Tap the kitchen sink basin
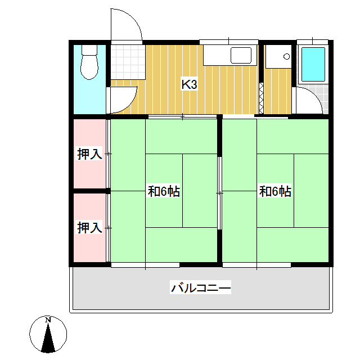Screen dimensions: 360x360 pyautogui.click(x=241, y=55)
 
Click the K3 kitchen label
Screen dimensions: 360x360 pyautogui.click(x=189, y=85)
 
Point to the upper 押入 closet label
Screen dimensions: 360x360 pyautogui.click(x=89, y=154)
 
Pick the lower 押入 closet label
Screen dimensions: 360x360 pyautogui.click(x=89, y=228)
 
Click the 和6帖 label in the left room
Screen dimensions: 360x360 pyautogui.click(x=164, y=191)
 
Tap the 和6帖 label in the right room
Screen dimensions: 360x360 pyautogui.click(x=275, y=191)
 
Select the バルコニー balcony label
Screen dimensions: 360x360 pyautogui.click(x=201, y=289)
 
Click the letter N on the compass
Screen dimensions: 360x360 pyautogui.click(x=48, y=320)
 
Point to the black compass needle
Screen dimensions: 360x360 pyautogui.click(x=49, y=337)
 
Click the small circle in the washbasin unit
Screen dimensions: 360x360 pyautogui.click(x=286, y=56)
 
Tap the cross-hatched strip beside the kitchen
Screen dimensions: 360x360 pyautogui.click(x=260, y=99)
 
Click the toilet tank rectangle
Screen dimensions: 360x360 pyautogui.click(x=89, y=49)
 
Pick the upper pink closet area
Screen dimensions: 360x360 pyautogui.click(x=89, y=153)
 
